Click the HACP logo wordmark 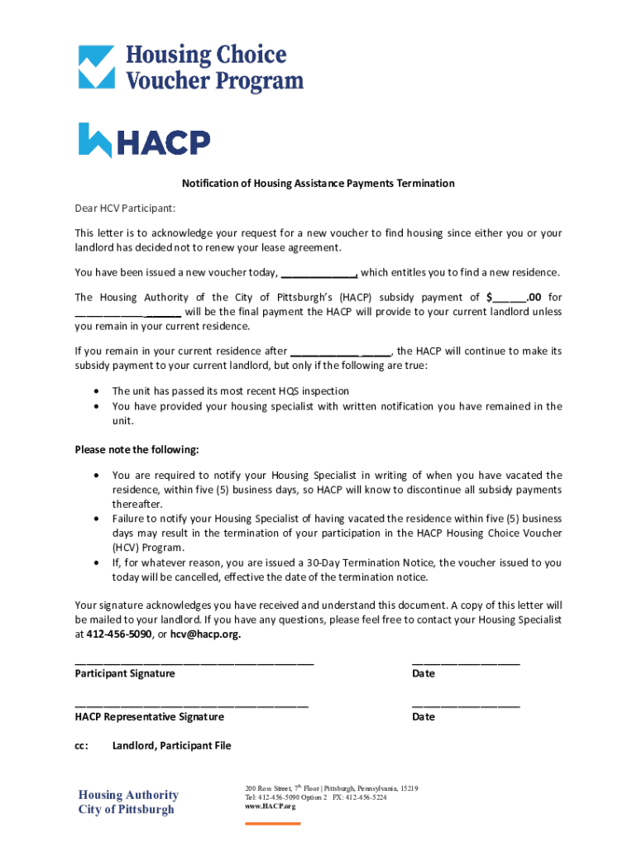pos(145,141)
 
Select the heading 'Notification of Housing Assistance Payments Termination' pos(318,184)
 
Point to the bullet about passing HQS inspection pos(230,391)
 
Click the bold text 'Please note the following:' pos(136,450)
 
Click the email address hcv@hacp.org pos(205,634)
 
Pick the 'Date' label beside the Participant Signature pos(423,674)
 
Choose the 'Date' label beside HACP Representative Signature pos(423,717)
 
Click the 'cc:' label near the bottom pos(81,746)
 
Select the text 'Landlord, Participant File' pos(171,746)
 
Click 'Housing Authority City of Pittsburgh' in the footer pos(128,802)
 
